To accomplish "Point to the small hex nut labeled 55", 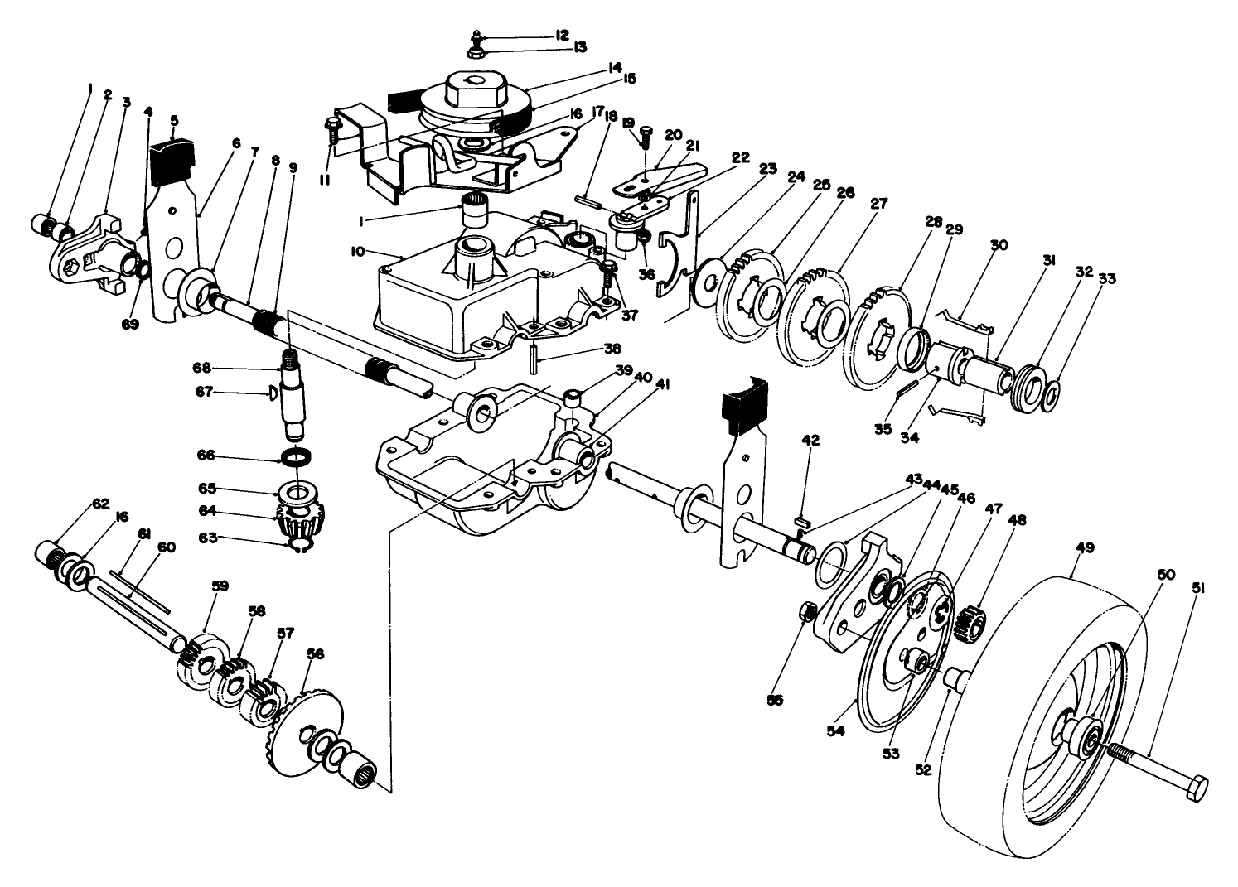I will coord(810,612).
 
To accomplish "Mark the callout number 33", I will coord(1107,279).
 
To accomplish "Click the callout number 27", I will coord(855,203).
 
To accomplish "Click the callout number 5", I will coord(174,120).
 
